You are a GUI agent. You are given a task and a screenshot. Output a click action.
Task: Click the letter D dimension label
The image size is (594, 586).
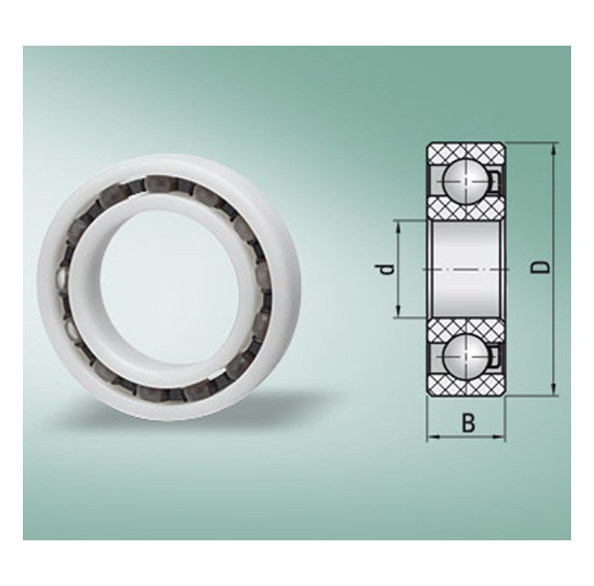(541, 267)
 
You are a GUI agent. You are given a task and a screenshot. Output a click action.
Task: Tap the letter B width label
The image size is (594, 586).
(468, 423)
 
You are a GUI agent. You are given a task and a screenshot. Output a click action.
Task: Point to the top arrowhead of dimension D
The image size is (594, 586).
(553, 148)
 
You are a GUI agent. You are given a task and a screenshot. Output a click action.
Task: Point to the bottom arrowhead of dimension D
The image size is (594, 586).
(553, 390)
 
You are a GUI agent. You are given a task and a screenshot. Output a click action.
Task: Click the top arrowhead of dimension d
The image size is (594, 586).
(398, 225)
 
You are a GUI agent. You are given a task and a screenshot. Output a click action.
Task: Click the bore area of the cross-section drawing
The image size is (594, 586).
(466, 269)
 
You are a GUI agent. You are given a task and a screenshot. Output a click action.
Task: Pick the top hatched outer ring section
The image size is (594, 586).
(466, 152)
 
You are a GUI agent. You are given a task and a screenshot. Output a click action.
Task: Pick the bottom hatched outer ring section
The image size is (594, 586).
(466, 387)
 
